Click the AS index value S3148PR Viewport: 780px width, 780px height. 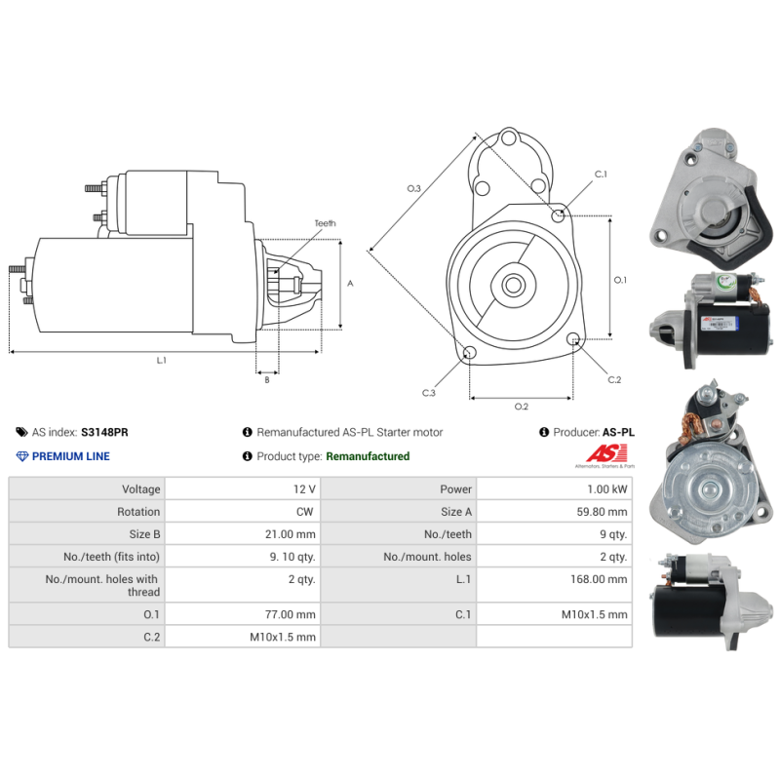104,432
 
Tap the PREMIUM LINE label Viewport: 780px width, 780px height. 70,456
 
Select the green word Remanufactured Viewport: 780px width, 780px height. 368,456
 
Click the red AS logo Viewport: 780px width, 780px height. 606,453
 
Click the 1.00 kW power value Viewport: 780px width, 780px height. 606,489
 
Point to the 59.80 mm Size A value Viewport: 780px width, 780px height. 602,512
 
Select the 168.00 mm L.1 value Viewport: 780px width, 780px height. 599,579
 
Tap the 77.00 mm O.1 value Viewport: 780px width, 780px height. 290,615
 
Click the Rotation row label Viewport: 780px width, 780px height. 138,512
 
